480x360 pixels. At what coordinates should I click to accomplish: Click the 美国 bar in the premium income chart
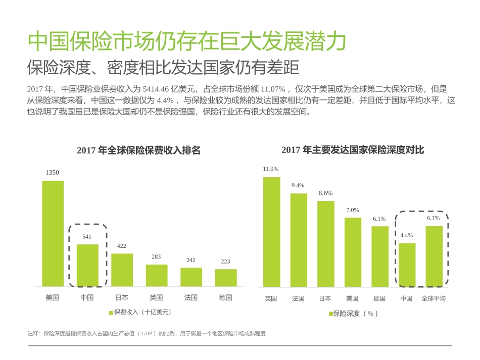pyautogui.click(x=53, y=233)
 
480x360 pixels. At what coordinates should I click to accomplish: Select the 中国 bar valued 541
pyautogui.click(x=87, y=265)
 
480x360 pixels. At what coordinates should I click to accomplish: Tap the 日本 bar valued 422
pyautogui.click(x=122, y=270)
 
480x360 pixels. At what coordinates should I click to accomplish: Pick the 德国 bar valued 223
pyautogui.click(x=225, y=278)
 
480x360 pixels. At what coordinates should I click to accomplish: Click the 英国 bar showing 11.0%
pyautogui.click(x=271, y=232)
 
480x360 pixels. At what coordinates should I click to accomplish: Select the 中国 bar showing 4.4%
pyautogui.click(x=407, y=265)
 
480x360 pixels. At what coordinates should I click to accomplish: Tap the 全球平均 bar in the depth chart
pyautogui.click(x=434, y=256)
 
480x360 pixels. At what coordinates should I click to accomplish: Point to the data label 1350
pyautogui.click(x=52, y=173)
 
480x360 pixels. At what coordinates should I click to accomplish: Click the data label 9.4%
pyautogui.click(x=298, y=185)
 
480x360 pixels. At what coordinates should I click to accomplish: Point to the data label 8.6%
pyautogui.click(x=325, y=193)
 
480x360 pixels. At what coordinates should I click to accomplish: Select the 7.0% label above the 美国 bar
pyautogui.click(x=353, y=210)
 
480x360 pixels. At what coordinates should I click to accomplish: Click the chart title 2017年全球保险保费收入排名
pyautogui.click(x=138, y=150)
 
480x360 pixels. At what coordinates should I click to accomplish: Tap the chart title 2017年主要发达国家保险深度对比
pyautogui.click(x=353, y=150)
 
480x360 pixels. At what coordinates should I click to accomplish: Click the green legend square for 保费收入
pyautogui.click(x=111, y=312)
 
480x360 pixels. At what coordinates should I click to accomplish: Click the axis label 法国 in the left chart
pyautogui.click(x=190, y=297)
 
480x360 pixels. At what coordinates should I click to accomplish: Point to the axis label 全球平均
pyautogui.click(x=434, y=298)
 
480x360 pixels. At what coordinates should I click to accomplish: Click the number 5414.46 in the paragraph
pyautogui.click(x=157, y=88)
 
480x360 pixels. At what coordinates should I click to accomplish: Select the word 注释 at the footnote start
pyautogui.click(x=33, y=334)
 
